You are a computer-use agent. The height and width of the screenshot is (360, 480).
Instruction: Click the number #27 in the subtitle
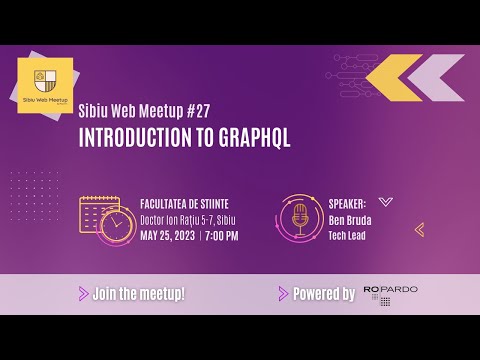[x=195, y=111]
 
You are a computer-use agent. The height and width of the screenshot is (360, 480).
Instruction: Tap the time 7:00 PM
[x=221, y=235]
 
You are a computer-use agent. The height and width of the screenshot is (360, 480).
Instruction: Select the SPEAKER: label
[x=347, y=201]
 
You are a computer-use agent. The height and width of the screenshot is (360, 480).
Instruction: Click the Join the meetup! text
[x=138, y=294]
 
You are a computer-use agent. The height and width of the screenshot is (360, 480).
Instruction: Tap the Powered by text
[x=323, y=294]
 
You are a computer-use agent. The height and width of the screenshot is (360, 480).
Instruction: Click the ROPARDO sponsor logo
[x=390, y=294]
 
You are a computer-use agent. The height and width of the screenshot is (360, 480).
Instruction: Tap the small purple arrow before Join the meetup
[x=82, y=294]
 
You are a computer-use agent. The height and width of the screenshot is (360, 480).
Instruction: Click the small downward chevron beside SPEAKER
[x=386, y=200]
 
